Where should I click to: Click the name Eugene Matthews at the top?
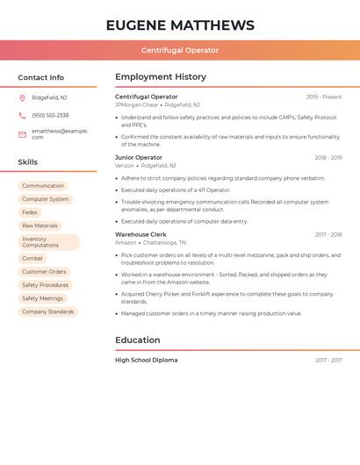[x=180, y=25]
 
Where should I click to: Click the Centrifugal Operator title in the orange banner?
[x=180, y=50]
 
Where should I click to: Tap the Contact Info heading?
[x=40, y=77]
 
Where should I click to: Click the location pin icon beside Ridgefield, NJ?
[x=22, y=97]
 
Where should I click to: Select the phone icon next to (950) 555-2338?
[x=22, y=115]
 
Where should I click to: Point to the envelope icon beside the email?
[x=22, y=133]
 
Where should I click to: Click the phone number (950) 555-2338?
[x=50, y=115]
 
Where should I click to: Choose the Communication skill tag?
[x=43, y=186]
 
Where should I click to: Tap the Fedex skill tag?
[x=30, y=212]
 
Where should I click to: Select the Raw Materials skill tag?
[x=40, y=225]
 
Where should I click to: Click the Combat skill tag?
[x=32, y=259]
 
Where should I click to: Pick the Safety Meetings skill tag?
[x=42, y=298]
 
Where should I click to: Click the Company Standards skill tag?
[x=47, y=311]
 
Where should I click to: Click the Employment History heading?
[x=161, y=77]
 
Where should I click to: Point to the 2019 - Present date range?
[x=324, y=97]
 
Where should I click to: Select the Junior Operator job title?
[x=139, y=157]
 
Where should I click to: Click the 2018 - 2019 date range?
[x=328, y=158]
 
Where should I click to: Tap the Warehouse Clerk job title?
[x=140, y=234]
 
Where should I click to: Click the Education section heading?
[x=138, y=340]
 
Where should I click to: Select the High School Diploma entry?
[x=146, y=360]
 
